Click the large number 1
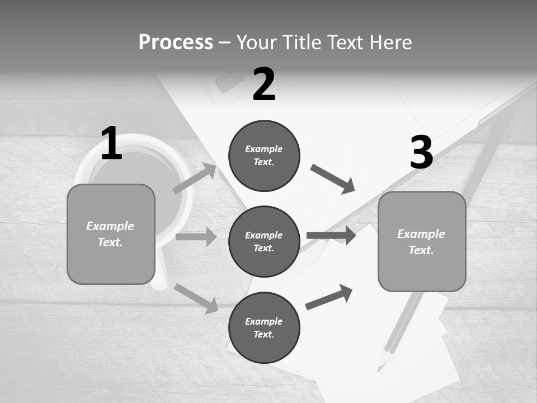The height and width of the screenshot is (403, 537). pos(111,143)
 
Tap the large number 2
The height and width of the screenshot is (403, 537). pos(264,85)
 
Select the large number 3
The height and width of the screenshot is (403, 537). pos(421,152)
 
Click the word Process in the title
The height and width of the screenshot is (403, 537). pos(176,42)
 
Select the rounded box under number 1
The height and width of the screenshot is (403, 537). pos(111,234)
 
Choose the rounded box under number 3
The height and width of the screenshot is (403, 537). pos(422,242)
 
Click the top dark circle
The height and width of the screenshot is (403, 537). pos(264,156)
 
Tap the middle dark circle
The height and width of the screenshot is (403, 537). pos(264,241)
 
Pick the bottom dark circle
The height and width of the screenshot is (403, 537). pos(264,327)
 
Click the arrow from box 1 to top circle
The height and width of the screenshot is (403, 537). pos(195,179)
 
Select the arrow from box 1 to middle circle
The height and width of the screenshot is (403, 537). pos(196,237)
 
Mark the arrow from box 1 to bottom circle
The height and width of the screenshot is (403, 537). pos(196,298)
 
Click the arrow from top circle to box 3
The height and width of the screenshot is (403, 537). pos(332,179)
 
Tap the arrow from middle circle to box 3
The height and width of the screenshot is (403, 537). pos(331,235)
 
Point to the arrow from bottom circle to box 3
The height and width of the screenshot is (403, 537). pos(329,297)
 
